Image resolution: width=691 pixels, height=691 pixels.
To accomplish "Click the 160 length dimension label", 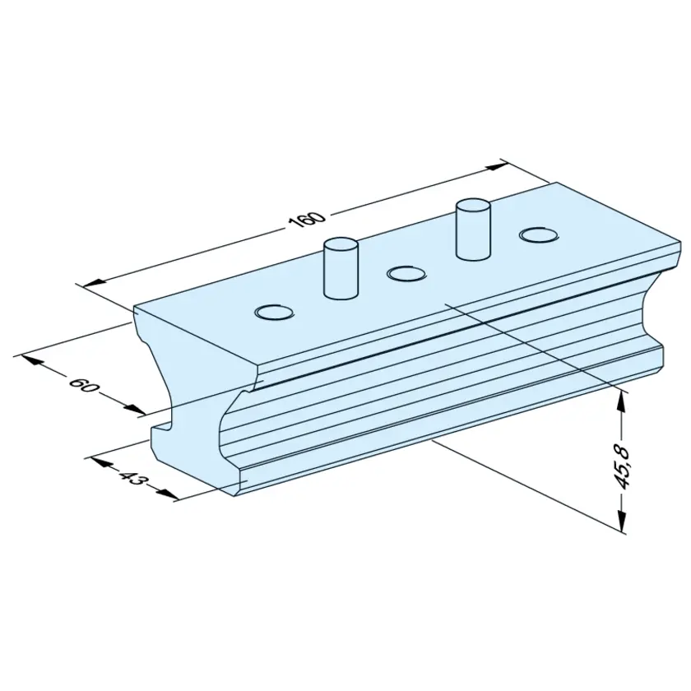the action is coord(308,219).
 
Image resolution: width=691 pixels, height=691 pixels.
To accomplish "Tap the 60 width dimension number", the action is coord(83,385).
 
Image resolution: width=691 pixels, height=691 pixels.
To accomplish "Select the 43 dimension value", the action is coord(131,477).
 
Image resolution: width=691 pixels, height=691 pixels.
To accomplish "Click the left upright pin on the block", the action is coord(341,269).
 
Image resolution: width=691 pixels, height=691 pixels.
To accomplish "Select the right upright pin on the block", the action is coord(473,230).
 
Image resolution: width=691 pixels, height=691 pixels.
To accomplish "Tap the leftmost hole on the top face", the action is coord(274,312).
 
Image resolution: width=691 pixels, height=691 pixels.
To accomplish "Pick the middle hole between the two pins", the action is coord(406,274).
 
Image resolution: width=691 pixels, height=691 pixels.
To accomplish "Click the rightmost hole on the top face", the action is coord(540,234).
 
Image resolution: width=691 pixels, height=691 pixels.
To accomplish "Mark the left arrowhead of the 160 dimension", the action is coord(93,282).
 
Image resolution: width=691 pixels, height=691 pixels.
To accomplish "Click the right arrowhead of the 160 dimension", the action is coord(496,166).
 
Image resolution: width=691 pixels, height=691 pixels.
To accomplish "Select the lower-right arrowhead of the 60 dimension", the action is coord(134,409).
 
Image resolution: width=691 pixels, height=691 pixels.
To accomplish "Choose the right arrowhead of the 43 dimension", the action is coord(168,494).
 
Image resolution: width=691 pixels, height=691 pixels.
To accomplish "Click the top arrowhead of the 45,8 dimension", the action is coord(621,401).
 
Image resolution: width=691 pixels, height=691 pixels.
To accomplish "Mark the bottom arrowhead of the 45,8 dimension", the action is coord(622,522).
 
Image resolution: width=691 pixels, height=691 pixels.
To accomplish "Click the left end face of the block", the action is coord(189,397).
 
